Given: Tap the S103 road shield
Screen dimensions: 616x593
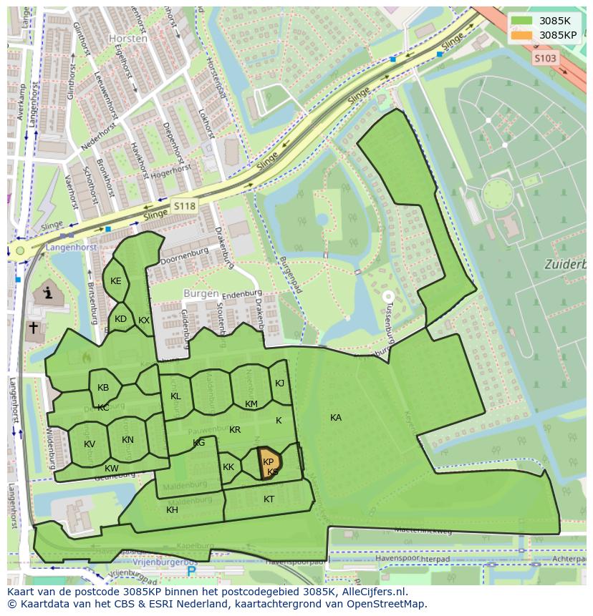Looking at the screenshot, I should coord(545,59).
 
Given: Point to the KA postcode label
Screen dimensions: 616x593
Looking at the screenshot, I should coord(336,417).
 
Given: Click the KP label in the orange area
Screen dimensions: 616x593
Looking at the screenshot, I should coord(269,462).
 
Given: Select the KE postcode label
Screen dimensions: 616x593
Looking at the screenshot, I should coord(116,281).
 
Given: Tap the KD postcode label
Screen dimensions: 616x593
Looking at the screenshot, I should coord(120,319).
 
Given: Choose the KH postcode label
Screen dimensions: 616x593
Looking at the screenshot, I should coord(172,510).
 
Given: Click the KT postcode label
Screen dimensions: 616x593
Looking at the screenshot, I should coord(269,499).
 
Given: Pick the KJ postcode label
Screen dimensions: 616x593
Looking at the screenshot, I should coord(279,383).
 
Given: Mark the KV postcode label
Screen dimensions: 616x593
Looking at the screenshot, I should coord(90,444).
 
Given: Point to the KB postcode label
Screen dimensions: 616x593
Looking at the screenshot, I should coord(103,388).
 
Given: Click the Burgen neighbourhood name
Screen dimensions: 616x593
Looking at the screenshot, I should coord(201,293).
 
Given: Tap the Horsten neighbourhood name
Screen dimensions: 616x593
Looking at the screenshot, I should coord(128,39).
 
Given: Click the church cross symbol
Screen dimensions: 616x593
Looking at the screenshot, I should coord(33,328).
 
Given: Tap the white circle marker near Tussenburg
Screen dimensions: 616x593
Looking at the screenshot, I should coord(388,295).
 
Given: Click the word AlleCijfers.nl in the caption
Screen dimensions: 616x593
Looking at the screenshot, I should coord(373,592).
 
